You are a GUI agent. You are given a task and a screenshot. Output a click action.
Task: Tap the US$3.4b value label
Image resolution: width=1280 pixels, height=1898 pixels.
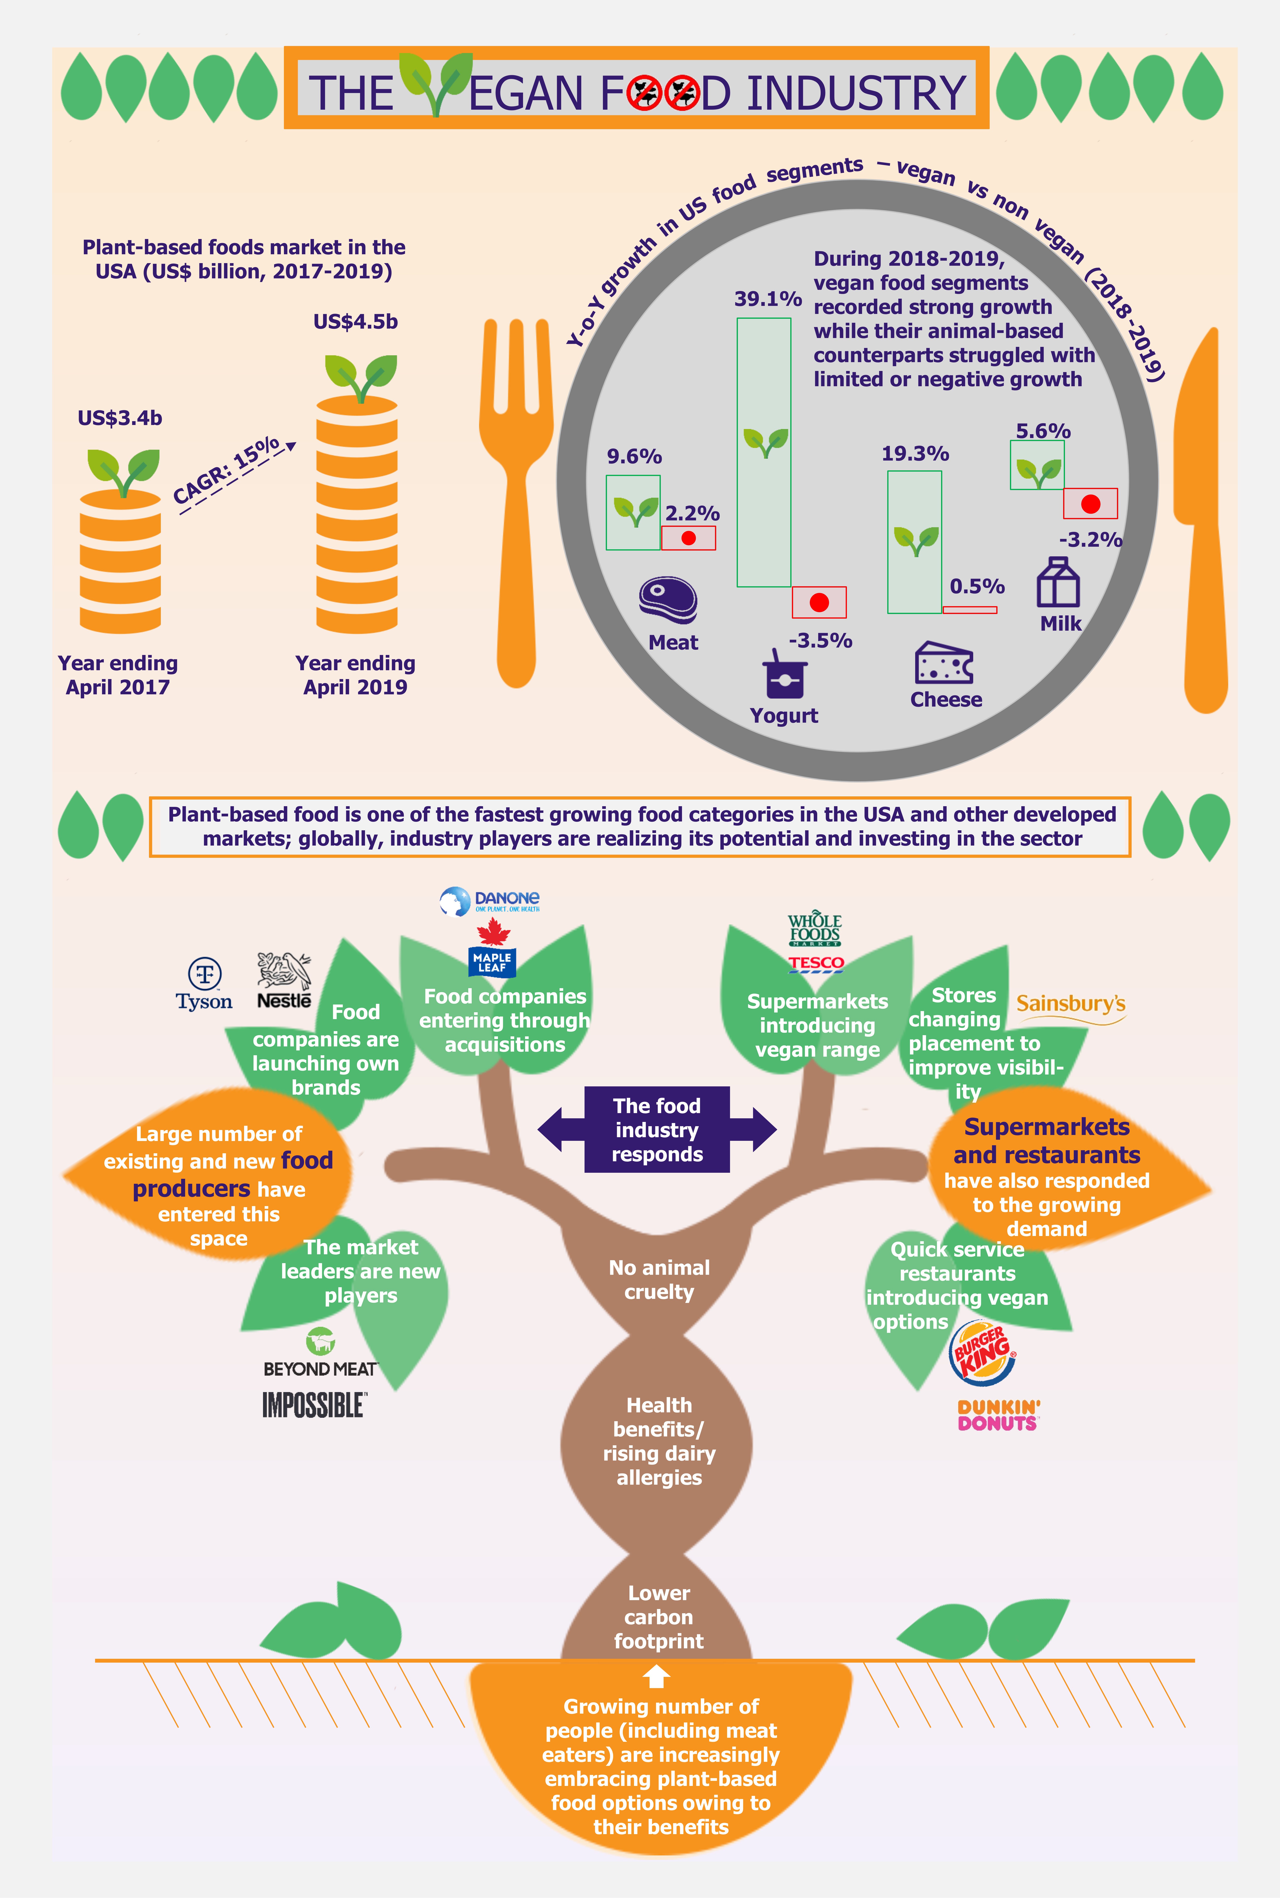pyautogui.click(x=120, y=418)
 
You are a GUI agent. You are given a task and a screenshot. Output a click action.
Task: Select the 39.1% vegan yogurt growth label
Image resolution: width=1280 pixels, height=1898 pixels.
pyautogui.click(x=767, y=299)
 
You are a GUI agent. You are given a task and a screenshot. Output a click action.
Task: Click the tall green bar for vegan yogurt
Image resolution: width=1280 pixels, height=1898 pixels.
pyautogui.click(x=764, y=452)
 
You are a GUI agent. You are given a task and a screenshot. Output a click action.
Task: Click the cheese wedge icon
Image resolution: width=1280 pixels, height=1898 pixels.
pyautogui.click(x=944, y=662)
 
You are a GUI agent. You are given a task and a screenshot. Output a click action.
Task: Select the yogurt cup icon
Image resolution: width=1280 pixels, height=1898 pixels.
pyautogui.click(x=784, y=674)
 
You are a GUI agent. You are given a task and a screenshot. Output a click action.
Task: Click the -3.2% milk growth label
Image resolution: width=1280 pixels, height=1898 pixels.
pyautogui.click(x=1091, y=540)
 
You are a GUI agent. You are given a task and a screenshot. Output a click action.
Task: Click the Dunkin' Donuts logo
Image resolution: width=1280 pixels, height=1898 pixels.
pyautogui.click(x=998, y=1415)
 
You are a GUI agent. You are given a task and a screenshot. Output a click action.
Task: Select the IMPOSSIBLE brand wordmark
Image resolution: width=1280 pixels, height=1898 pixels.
pyautogui.click(x=314, y=1405)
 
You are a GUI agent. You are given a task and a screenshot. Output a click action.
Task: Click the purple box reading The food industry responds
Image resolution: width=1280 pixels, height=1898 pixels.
pyautogui.click(x=657, y=1130)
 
